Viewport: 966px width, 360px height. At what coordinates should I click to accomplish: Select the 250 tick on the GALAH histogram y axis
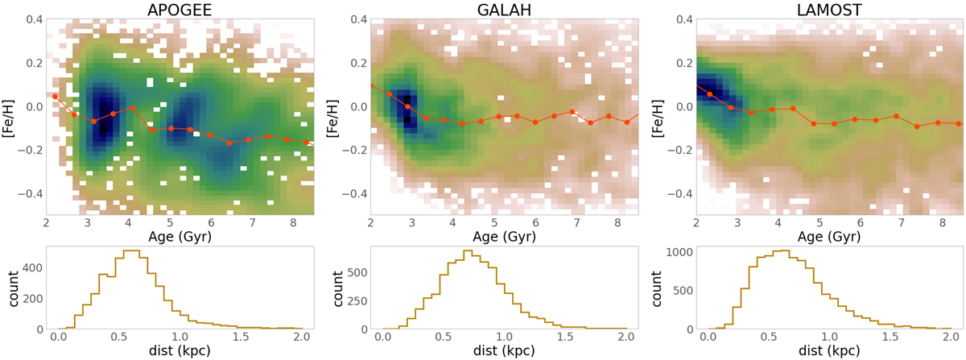point(355,298)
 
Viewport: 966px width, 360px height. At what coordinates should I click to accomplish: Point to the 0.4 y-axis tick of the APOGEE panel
point(29,19)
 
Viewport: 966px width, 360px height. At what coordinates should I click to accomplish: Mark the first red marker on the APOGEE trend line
point(55,97)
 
